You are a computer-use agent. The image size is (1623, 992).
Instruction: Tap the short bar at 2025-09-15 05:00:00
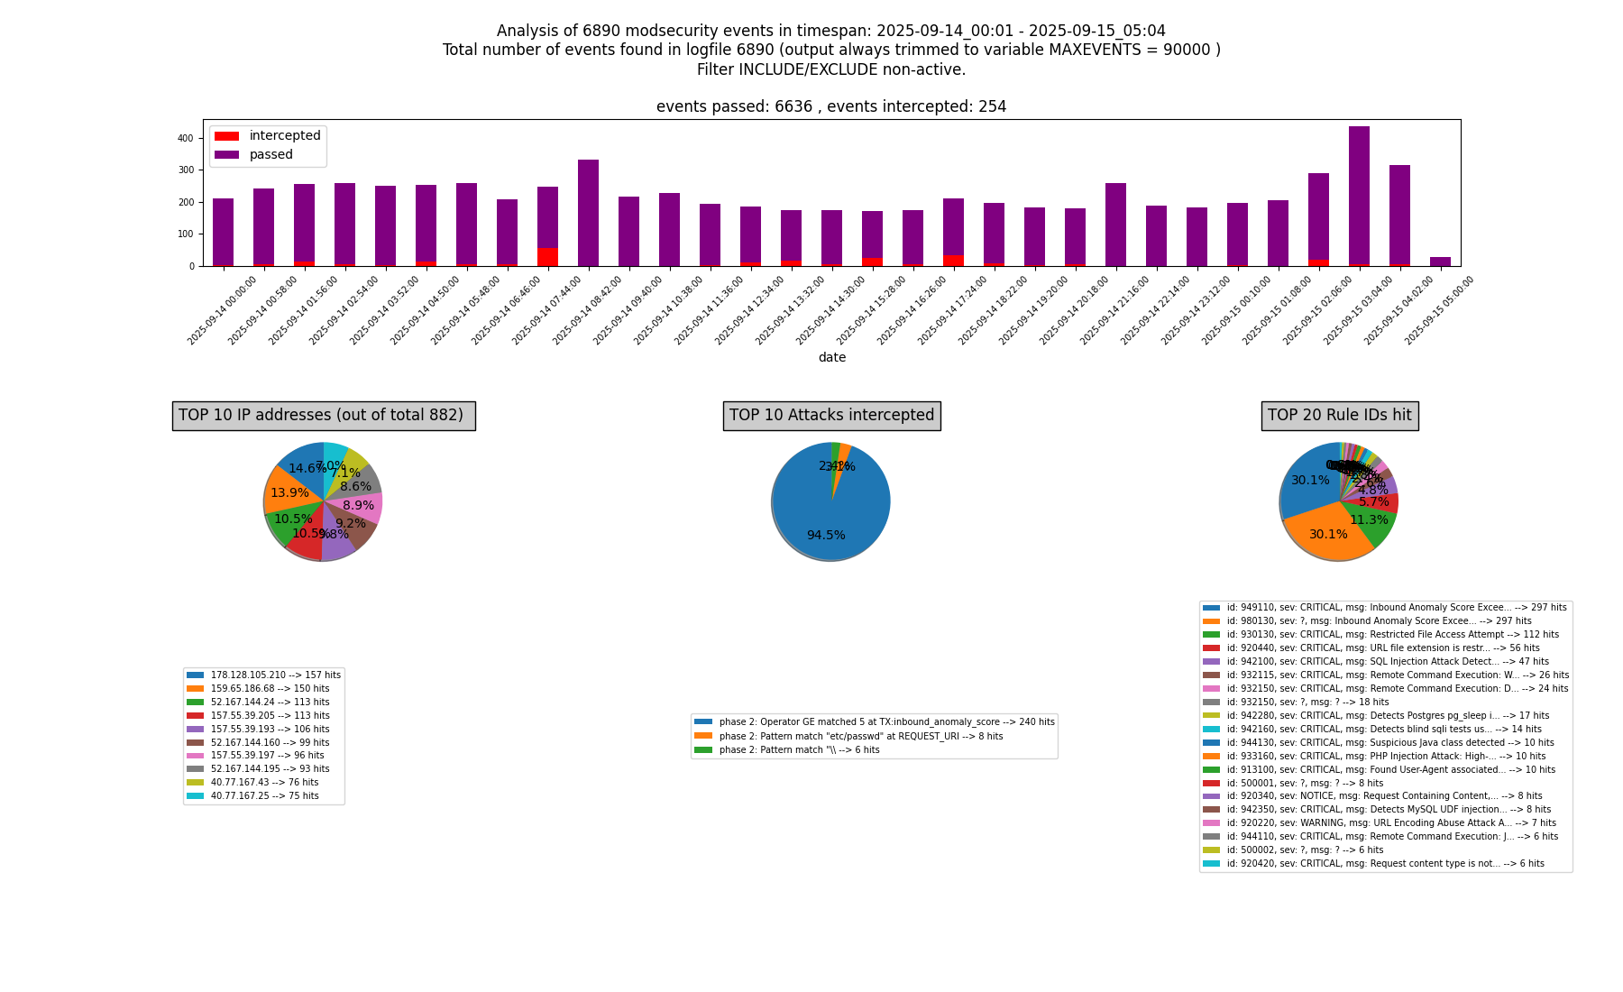[1440, 262]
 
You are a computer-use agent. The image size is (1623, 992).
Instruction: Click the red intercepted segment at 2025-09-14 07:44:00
[547, 257]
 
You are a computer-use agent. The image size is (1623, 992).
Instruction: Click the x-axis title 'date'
[831, 357]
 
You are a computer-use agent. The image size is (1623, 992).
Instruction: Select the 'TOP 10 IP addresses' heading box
[324, 416]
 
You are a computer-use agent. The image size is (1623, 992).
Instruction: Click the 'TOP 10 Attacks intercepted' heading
[831, 416]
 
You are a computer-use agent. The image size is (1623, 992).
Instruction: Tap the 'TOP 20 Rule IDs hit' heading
[1339, 416]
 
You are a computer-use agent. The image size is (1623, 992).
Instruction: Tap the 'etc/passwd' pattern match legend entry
[860, 736]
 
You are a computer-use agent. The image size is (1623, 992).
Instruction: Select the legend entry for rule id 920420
[1384, 864]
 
